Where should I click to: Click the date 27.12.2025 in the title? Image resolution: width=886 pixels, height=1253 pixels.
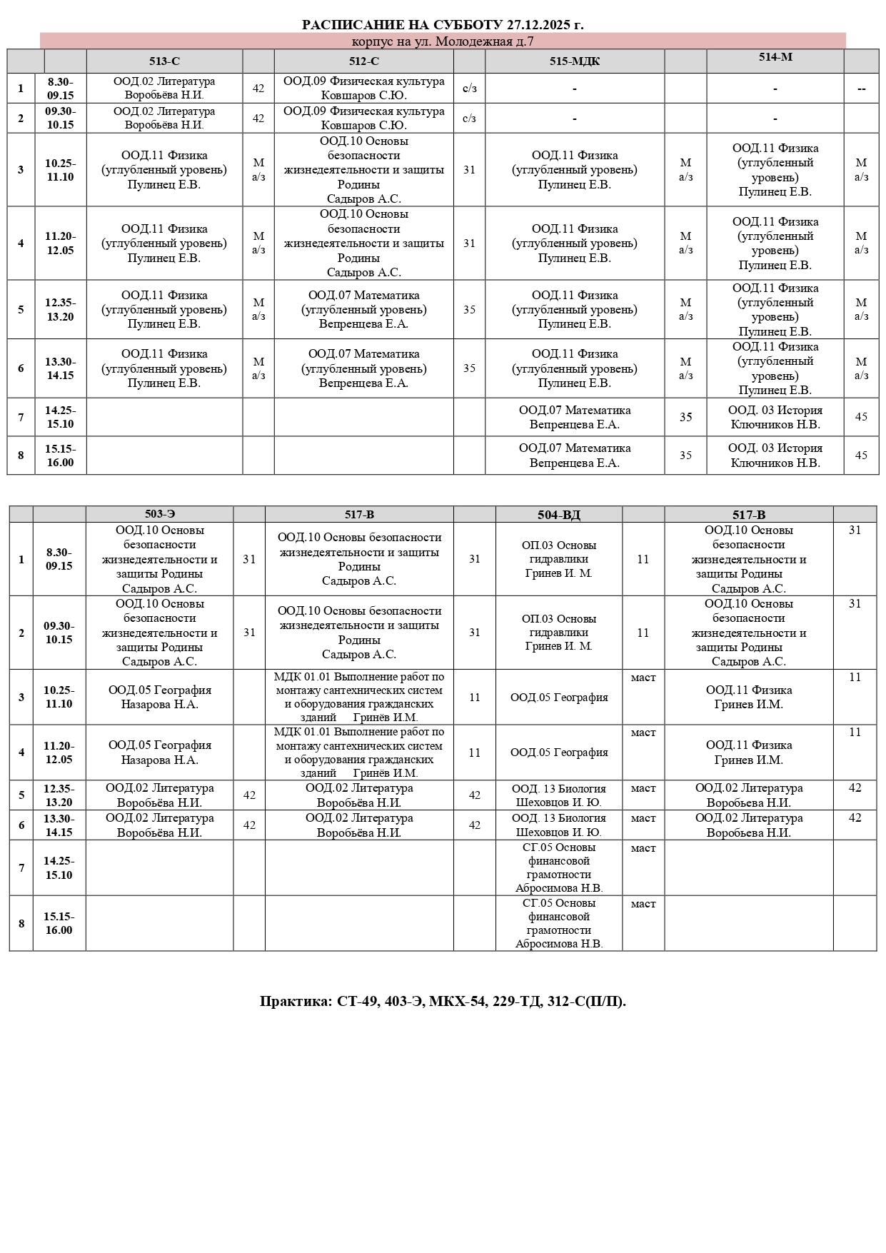point(537,25)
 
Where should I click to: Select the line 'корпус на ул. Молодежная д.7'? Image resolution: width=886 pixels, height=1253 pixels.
point(443,41)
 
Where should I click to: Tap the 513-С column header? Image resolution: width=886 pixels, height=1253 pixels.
point(164,61)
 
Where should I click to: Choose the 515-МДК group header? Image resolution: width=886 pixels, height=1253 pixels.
point(575,61)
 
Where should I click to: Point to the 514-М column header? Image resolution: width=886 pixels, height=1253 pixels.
point(775,58)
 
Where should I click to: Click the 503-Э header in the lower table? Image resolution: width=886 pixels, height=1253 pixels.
point(159,515)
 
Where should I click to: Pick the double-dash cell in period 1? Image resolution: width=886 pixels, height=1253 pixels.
point(861,89)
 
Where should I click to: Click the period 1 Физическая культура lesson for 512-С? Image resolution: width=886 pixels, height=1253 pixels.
point(363,89)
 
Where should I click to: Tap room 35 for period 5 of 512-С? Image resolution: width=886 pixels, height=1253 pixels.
point(469,310)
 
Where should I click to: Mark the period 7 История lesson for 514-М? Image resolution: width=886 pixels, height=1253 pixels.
point(775,417)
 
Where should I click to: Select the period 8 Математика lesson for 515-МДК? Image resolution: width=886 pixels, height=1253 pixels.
point(575,456)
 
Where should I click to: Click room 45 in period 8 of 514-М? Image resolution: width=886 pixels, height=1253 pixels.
point(861,456)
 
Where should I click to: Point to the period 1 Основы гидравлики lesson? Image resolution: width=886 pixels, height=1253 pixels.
point(559,559)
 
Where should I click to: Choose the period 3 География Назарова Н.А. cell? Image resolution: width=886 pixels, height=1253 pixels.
point(159,697)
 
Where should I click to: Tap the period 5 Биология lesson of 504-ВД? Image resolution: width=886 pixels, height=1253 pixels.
point(559,795)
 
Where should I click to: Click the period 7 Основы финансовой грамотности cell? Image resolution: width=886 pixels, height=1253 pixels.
point(559,868)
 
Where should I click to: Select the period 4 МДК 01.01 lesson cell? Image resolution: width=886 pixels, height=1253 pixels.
point(359,753)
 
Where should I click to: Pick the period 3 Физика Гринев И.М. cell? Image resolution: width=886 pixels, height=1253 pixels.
point(749,697)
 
